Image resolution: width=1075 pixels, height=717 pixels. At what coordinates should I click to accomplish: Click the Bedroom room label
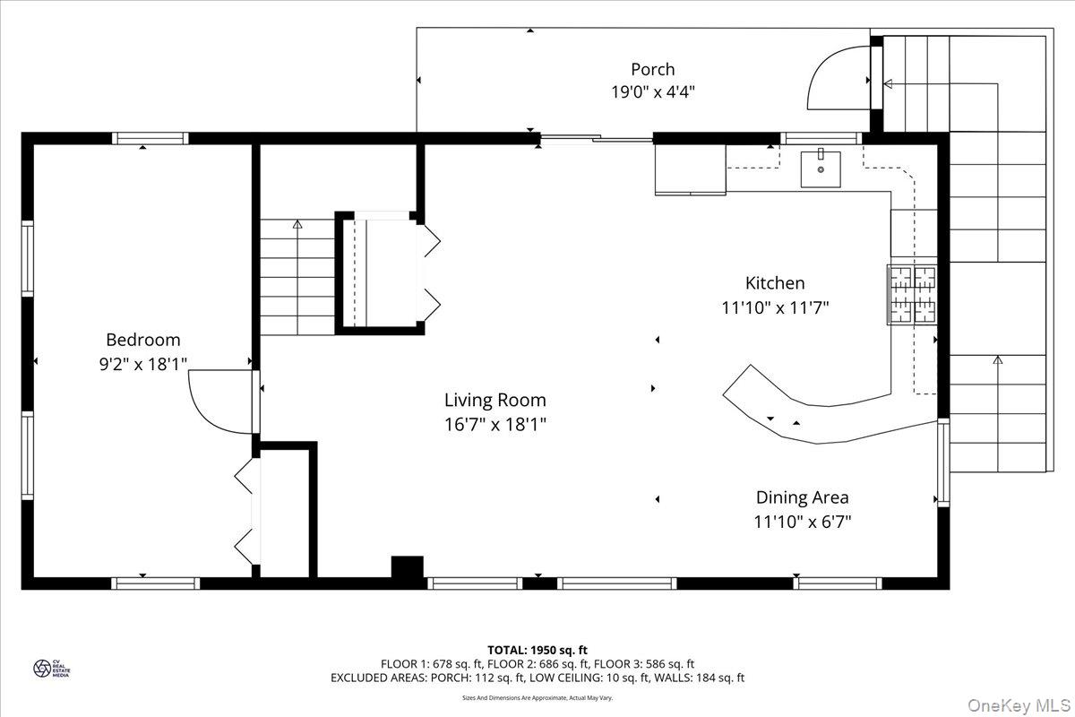pos(143,340)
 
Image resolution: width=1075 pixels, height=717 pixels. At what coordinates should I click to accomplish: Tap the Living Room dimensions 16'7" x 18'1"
pos(495,424)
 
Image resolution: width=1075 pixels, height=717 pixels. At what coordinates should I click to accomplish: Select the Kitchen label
pos(775,283)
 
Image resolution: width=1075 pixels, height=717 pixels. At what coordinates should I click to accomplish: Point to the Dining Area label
pos(802,497)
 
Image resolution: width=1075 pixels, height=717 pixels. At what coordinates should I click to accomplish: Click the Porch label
pos(652,69)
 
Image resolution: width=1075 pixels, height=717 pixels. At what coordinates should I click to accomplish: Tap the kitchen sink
pos(821,168)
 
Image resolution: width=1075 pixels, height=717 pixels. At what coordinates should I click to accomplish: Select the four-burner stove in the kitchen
pos(912,294)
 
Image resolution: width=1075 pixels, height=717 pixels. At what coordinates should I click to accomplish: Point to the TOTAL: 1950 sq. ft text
pos(537,649)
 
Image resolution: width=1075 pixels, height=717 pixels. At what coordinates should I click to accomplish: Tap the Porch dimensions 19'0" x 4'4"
pos(652,91)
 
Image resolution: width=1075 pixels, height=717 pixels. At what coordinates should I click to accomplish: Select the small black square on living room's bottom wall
pos(408,568)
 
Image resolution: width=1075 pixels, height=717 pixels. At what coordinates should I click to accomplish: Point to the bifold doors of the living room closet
pos(428,268)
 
